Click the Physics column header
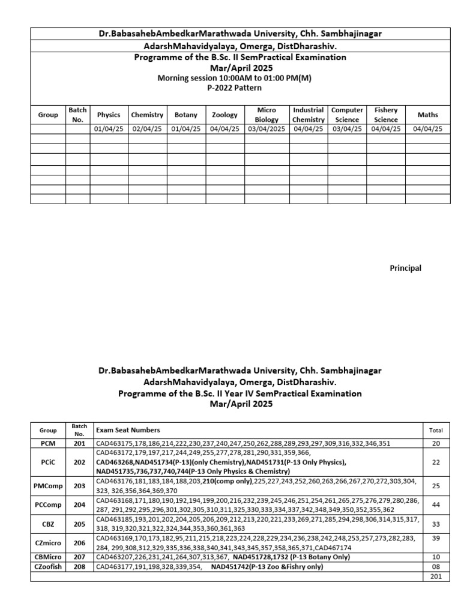point(109,115)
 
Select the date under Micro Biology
point(267,129)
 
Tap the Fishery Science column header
point(385,115)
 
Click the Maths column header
point(428,115)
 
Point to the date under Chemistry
point(147,129)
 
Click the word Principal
point(406,268)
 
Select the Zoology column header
point(224,115)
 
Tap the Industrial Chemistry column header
point(309,115)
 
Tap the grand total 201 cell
point(436,577)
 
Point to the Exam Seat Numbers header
point(127,430)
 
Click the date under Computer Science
point(347,129)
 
